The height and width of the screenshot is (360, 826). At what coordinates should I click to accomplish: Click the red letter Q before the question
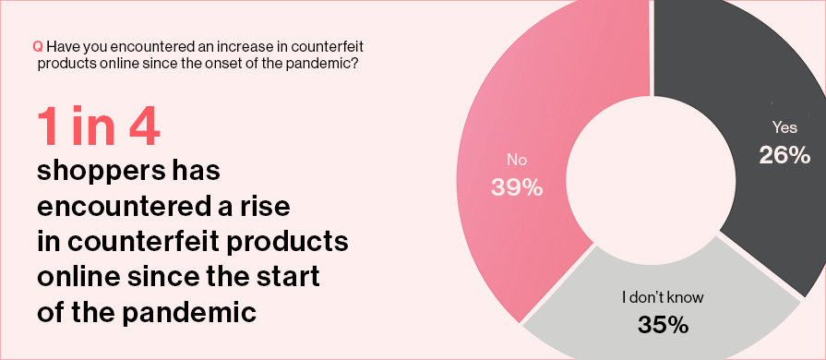coord(38,47)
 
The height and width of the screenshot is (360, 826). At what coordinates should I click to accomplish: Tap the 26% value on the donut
coord(784,155)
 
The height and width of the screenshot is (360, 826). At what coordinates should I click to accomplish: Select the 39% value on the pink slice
coord(517,187)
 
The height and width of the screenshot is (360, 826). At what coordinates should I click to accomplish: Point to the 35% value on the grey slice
coord(663,325)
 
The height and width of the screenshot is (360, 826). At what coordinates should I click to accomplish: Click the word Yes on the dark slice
coord(784,127)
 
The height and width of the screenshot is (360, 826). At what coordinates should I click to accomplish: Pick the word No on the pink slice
coord(516,160)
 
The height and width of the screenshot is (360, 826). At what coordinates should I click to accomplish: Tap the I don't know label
coord(663,297)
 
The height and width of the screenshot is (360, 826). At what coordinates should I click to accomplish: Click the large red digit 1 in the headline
coord(47,128)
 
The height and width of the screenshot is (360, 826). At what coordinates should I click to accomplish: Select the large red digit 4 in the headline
coord(144,128)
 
